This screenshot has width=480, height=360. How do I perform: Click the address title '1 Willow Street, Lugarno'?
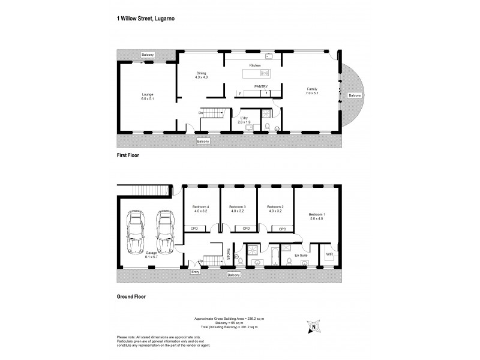(x=146, y=19)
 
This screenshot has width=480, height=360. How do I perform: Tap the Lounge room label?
(x=147, y=97)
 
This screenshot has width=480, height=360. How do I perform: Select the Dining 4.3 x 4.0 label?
(x=201, y=75)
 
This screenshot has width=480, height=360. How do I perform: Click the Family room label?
(x=311, y=91)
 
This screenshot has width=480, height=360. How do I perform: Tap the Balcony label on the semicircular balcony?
(x=355, y=95)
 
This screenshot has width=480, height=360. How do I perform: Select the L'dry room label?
(x=244, y=119)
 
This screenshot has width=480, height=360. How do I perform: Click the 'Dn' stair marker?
(x=201, y=113)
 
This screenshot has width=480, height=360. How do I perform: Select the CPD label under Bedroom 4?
(x=194, y=229)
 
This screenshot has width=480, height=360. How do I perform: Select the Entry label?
(x=195, y=272)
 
